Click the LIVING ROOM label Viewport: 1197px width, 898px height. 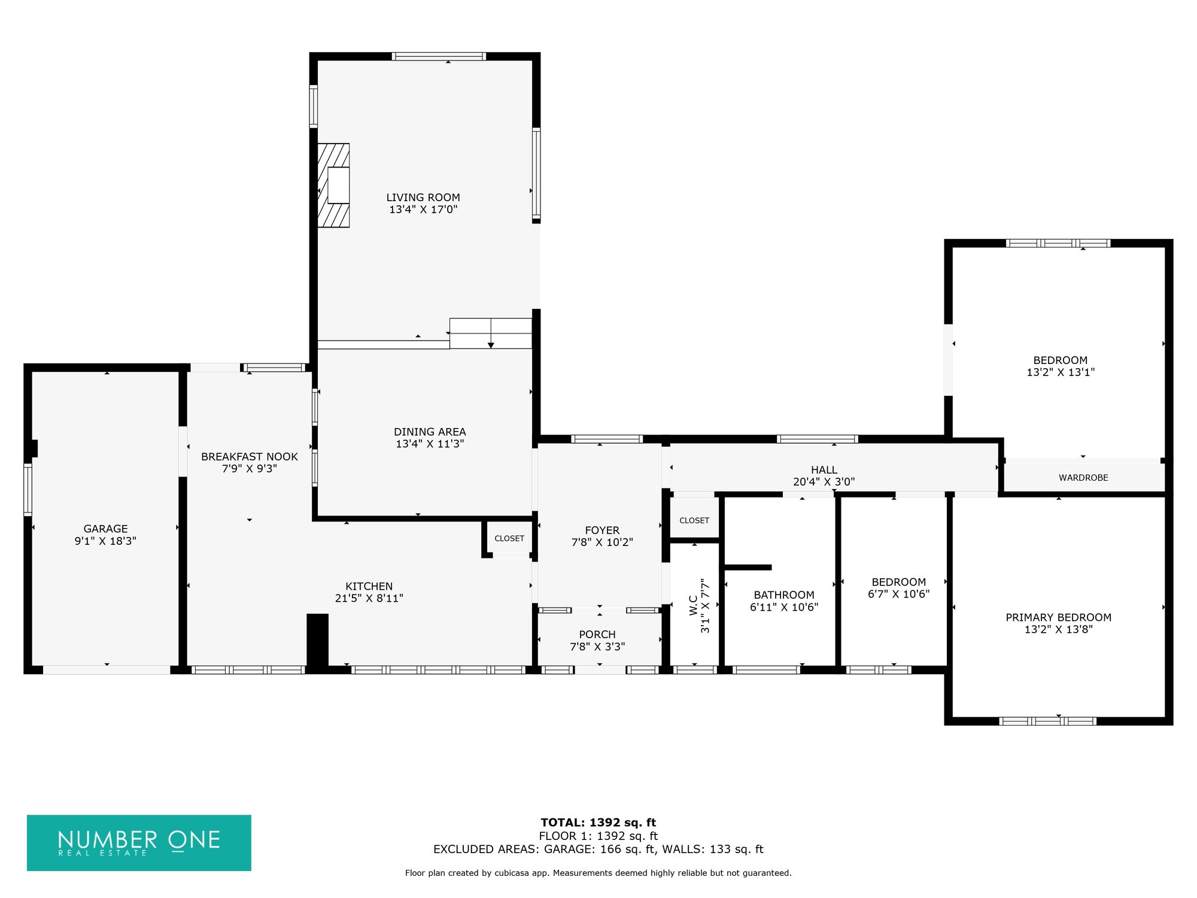tap(423, 198)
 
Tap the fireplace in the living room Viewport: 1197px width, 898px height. tap(333, 186)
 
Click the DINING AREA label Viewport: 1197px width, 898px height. tap(430, 432)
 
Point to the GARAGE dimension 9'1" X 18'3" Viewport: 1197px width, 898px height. tap(105, 541)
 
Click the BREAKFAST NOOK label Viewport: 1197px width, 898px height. tap(250, 457)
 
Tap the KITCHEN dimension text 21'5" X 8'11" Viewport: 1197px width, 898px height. tap(369, 598)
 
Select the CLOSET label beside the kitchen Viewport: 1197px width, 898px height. tap(509, 538)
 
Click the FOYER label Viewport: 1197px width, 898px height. tap(602, 530)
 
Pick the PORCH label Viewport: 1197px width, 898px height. tap(597, 635)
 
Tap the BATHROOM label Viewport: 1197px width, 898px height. tap(784, 595)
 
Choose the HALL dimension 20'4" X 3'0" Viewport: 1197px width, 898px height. tap(824, 482)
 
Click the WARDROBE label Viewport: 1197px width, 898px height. tap(1083, 478)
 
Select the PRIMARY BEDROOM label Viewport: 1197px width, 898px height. tap(1059, 617)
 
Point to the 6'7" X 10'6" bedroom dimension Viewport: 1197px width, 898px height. tap(899, 594)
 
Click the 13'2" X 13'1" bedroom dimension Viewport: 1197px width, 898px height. tap(1061, 372)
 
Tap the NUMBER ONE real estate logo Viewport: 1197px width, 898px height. tap(139, 842)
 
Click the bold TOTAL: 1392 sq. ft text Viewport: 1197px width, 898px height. tap(598, 823)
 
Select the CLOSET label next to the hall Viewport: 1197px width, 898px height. tap(694, 520)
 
